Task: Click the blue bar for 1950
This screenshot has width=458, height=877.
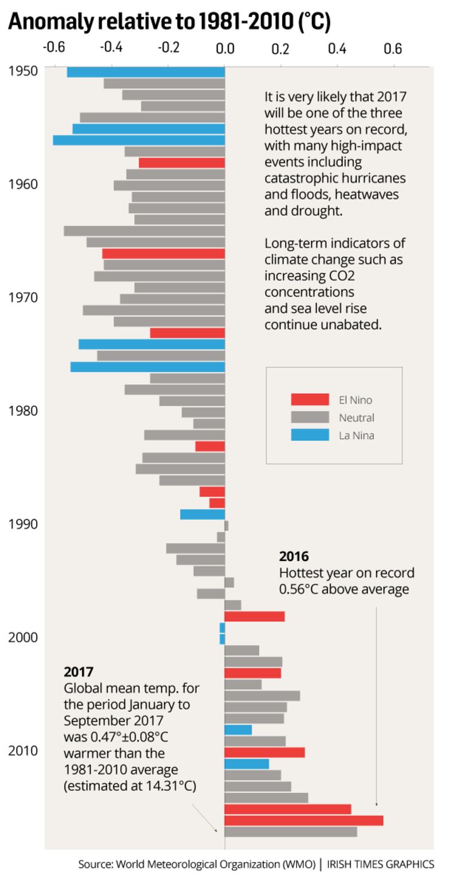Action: click(145, 72)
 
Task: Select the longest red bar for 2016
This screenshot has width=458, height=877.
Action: click(303, 820)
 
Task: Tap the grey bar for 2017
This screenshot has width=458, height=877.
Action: click(290, 832)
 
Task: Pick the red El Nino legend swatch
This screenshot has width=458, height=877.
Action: click(310, 400)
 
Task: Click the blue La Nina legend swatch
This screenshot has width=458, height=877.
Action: click(310, 435)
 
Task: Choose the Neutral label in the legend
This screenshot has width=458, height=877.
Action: click(356, 418)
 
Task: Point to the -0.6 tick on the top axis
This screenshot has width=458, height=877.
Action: click(55, 48)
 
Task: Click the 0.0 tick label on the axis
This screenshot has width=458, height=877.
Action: click(225, 48)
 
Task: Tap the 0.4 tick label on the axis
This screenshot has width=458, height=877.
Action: click(337, 48)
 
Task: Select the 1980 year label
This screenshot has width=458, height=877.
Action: click(23, 411)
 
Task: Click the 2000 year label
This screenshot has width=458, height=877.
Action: click(23, 637)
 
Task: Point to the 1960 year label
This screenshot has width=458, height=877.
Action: click(23, 184)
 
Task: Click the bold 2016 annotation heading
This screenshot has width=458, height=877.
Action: click(294, 556)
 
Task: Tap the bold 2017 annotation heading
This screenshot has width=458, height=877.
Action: click(78, 671)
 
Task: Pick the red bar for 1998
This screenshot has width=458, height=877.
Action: click(254, 617)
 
